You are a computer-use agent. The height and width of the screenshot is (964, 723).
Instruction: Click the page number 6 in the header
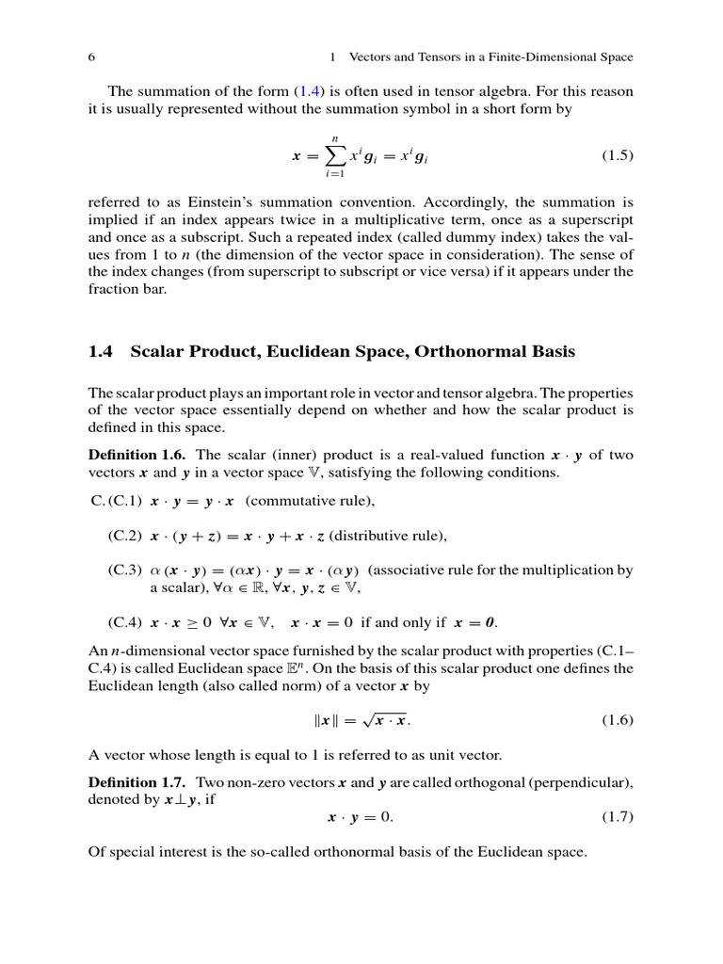91,57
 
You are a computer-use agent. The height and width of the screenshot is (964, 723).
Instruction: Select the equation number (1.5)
617,155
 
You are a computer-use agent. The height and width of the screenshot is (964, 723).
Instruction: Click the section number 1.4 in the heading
101,352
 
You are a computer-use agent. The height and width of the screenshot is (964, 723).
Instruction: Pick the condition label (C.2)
125,536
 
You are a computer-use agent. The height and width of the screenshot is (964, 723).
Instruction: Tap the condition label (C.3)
125,570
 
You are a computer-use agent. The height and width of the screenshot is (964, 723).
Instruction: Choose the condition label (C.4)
125,622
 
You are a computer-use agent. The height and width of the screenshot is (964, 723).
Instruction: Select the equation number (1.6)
617,720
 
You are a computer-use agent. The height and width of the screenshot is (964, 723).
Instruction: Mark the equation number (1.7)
617,816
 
